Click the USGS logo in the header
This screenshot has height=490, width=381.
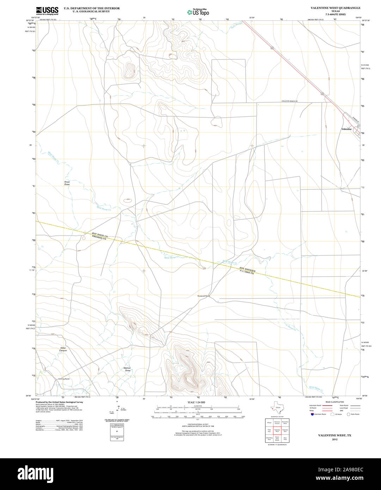[x=47, y=11]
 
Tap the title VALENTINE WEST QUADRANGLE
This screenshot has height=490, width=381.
[x=331, y=7]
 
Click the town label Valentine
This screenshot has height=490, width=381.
[x=346, y=129]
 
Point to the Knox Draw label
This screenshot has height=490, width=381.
[x=67, y=183]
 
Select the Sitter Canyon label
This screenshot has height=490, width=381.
[x=63, y=349]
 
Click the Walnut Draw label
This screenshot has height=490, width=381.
[x=127, y=369]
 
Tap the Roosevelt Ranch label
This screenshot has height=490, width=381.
[x=203, y=296]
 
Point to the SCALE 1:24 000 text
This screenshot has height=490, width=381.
[x=196, y=402]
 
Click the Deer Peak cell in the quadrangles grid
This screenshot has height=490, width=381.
[x=285, y=439]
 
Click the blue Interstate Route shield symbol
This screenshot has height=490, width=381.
[x=312, y=414]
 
